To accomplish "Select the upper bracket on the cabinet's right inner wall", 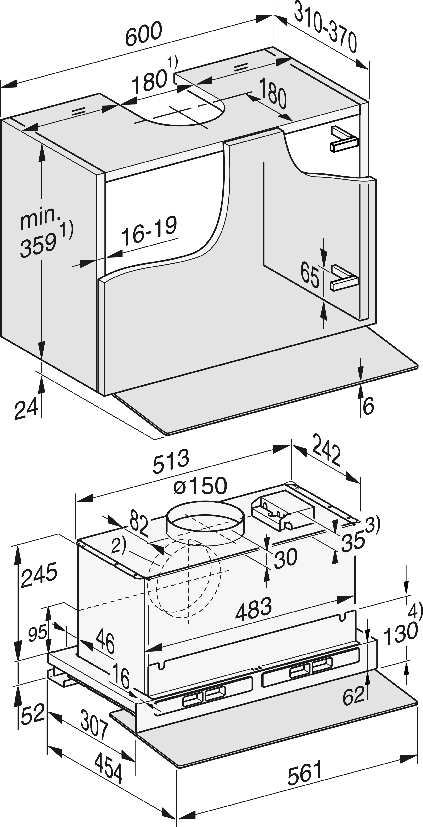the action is [343, 139].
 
